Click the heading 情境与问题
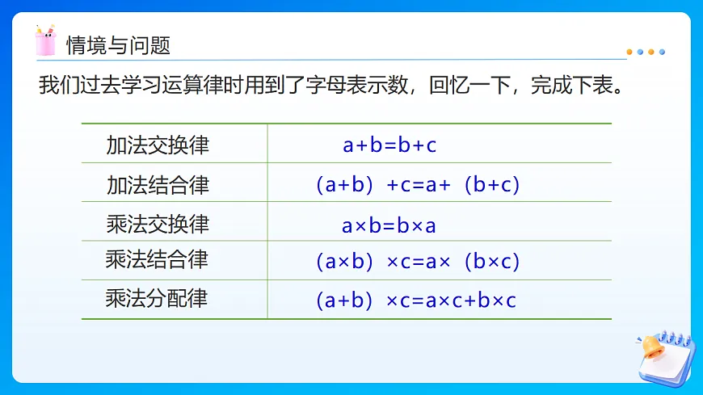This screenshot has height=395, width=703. [118, 44]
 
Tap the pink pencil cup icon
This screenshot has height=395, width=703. [46, 41]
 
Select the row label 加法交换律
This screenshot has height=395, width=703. [158, 145]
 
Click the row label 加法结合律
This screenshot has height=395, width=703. [158, 185]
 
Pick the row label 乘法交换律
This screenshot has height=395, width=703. [158, 224]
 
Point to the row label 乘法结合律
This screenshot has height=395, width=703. [157, 260]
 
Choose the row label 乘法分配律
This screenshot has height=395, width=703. [157, 299]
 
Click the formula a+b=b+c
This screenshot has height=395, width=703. [389, 145]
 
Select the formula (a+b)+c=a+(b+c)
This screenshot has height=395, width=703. [417, 185]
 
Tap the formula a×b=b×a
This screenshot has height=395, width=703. [389, 225]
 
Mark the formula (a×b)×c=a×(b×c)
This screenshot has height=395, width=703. [417, 262]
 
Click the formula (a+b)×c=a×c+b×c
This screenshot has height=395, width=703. [415, 301]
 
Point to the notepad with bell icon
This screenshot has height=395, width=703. [664, 355]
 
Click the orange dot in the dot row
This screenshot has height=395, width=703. [630, 52]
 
